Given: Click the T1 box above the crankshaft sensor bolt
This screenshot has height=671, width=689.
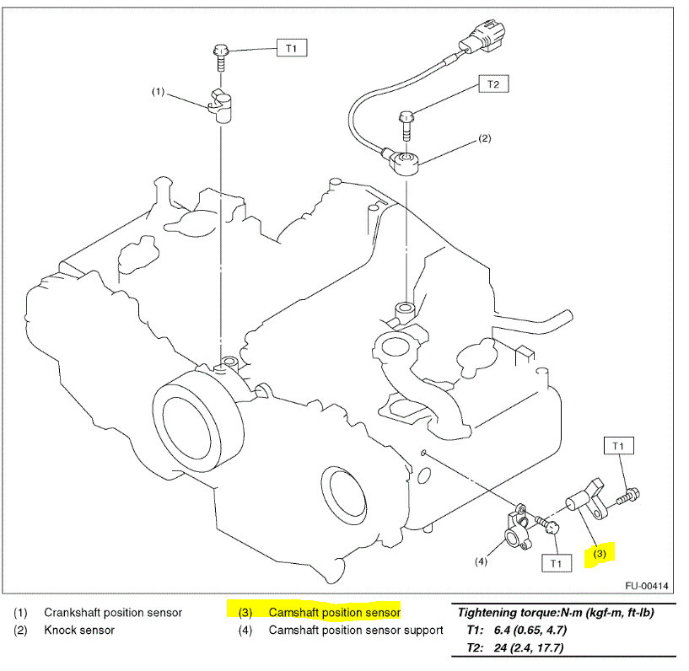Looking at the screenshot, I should click(291, 48).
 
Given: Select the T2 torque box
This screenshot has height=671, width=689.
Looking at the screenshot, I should click(493, 84).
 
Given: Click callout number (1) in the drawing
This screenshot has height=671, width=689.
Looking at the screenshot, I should click(158, 91).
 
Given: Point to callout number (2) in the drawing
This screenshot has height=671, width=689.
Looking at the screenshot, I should click(484, 137).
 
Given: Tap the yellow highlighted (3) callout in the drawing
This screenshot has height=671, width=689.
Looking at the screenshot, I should click(600, 554).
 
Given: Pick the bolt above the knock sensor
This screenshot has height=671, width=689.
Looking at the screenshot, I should click(406, 123).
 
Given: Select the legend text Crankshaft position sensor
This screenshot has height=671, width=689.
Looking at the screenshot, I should click(113, 612).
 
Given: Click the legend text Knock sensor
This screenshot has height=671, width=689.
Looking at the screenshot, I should click(79, 630).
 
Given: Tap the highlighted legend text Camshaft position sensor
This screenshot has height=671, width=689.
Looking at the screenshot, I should click(334, 612).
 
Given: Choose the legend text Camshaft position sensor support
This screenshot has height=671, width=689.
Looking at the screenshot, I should click(356, 630).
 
